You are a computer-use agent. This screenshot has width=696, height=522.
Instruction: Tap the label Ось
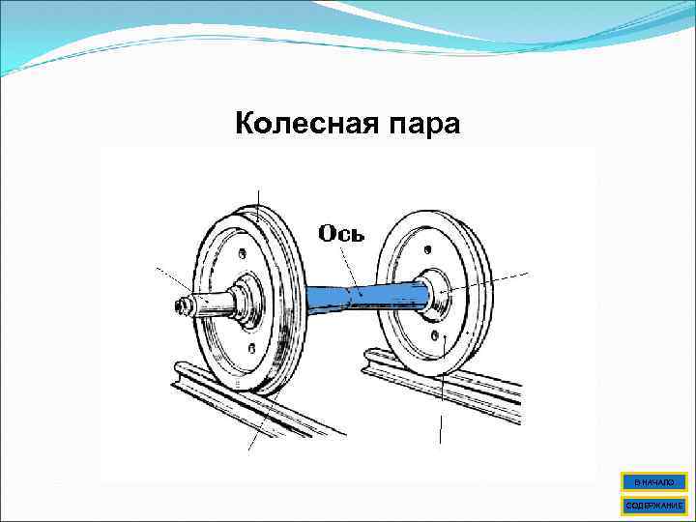click(x=341, y=234)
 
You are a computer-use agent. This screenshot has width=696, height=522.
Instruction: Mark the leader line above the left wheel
click(x=258, y=198)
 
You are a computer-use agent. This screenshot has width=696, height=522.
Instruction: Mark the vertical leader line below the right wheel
click(x=441, y=425)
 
